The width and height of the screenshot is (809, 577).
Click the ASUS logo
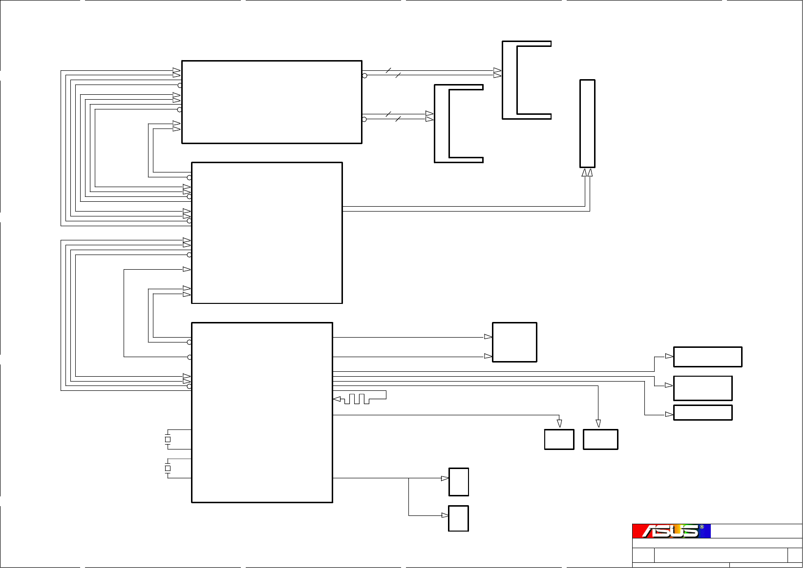[670, 531]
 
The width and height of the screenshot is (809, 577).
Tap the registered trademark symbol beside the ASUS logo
[702, 527]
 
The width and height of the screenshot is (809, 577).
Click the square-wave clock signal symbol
[359, 399]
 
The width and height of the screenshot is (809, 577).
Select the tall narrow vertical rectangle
[587, 124]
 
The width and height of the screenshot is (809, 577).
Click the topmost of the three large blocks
[272, 102]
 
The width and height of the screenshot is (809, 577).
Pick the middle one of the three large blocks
[267, 233]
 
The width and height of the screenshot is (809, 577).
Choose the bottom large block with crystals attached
[262, 412]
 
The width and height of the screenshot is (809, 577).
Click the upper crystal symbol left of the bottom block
[168, 439]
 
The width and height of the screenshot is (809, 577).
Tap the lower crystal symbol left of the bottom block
[168, 468]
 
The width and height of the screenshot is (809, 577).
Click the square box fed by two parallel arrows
[514, 342]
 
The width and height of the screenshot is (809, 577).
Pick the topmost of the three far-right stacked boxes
[707, 357]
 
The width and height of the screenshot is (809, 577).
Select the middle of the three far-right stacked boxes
[703, 388]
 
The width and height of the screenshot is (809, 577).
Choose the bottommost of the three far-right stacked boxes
[703, 412]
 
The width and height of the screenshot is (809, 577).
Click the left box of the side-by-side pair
[559, 439]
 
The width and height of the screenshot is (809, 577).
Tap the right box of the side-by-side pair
[600, 439]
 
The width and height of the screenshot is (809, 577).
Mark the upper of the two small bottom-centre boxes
[459, 482]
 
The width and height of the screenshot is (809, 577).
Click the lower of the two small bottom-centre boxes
[459, 518]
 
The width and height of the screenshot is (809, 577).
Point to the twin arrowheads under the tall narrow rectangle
[587, 172]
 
